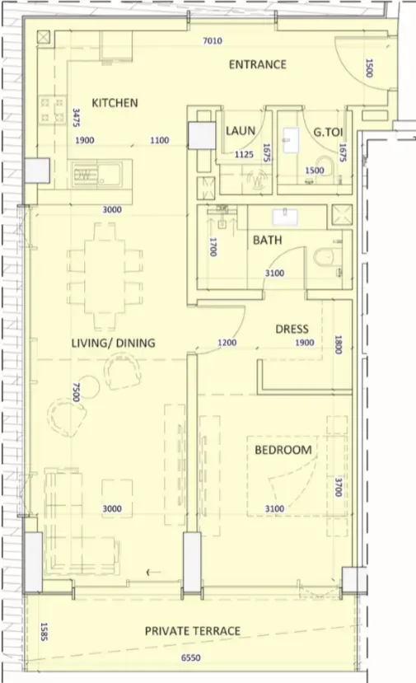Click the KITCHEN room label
tap(115, 103)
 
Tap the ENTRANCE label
tap(258, 64)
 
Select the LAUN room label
tap(241, 130)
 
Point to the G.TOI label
tap(328, 131)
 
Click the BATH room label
tap(268, 240)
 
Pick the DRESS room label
tap(292, 329)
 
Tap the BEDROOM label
tap(283, 450)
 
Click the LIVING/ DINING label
tap(113, 343)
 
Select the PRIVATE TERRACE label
tap(193, 631)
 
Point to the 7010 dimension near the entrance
tap(213, 41)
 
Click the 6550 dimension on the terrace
tap(191, 657)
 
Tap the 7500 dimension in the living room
tap(77, 392)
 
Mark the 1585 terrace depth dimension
tap(44, 632)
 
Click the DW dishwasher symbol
tap(82, 175)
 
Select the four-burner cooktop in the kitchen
tap(52, 110)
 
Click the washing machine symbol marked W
tap(258, 179)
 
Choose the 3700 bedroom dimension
tap(338, 487)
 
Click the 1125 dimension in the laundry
tap(244, 154)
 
